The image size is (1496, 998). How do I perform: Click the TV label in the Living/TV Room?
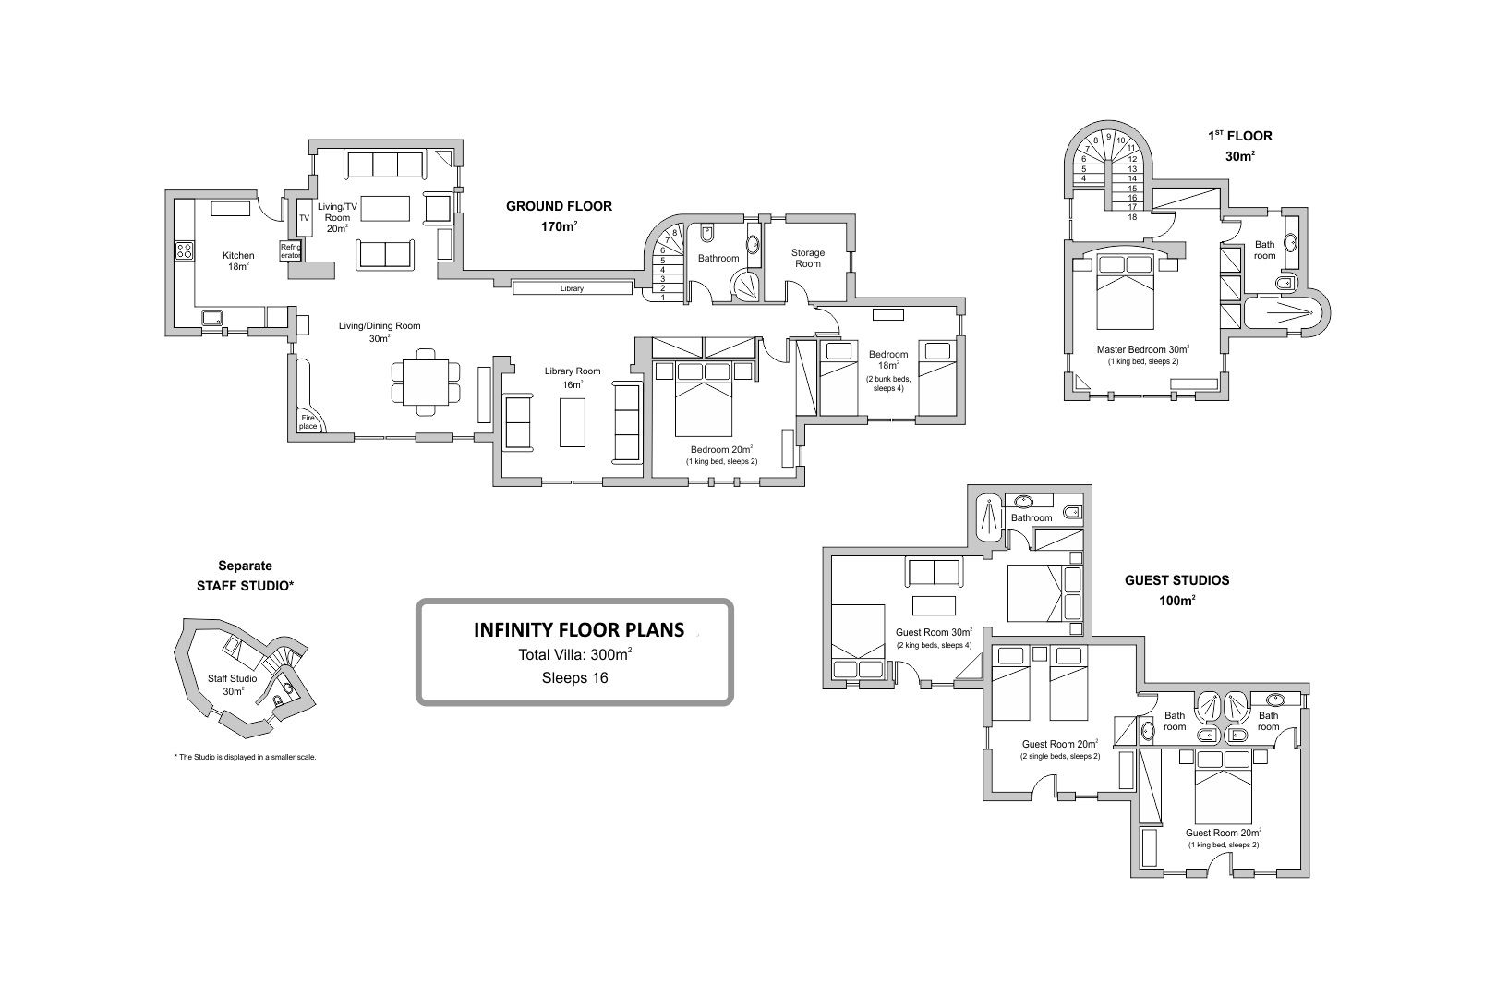pyautogui.click(x=305, y=218)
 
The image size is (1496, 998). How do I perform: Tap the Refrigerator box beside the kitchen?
pyautogui.click(x=291, y=250)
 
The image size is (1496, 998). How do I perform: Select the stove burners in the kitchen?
pyautogui.click(x=185, y=250)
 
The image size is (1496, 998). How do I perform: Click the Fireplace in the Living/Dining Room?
pyautogui.click(x=308, y=421)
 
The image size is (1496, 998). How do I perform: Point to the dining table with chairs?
pyautogui.click(x=426, y=383)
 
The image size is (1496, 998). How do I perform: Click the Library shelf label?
pyautogui.click(x=572, y=288)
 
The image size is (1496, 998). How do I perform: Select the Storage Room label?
pyautogui.click(x=808, y=258)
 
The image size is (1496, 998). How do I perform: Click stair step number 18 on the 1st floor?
pyautogui.click(x=1132, y=216)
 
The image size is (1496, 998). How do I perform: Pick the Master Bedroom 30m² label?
pyautogui.click(x=1142, y=349)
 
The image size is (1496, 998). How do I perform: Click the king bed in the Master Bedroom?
pyautogui.click(x=1126, y=292)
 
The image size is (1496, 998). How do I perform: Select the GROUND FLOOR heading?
pyautogui.click(x=559, y=207)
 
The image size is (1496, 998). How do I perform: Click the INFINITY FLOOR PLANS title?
pyautogui.click(x=579, y=629)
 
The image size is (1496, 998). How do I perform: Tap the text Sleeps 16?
pyautogui.click(x=575, y=678)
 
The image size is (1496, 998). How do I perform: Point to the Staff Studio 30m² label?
pyautogui.click(x=233, y=685)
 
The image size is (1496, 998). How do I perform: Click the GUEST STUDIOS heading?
pyautogui.click(x=1176, y=580)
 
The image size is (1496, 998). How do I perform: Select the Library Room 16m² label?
pyautogui.click(x=573, y=377)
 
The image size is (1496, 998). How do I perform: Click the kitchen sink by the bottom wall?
pyautogui.click(x=213, y=318)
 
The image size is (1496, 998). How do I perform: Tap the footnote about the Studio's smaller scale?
pyautogui.click(x=245, y=758)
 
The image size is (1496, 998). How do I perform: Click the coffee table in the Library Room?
pyautogui.click(x=573, y=422)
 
